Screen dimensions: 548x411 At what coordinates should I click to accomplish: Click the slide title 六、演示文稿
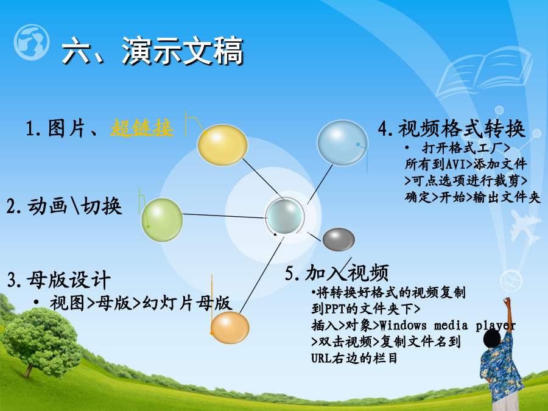pos(152,51)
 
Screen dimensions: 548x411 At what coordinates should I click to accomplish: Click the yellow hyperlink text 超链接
pos(142,128)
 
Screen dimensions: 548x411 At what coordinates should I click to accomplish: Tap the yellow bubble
pos(223,145)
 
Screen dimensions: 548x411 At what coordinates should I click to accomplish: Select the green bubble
pos(162,220)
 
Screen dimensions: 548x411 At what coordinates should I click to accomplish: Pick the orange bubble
pos(230,328)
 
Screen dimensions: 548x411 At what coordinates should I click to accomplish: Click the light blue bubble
pos(342,142)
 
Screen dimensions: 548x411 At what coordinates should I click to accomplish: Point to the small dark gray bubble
pos(339,239)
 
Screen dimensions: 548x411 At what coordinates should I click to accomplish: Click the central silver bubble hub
pos(284,216)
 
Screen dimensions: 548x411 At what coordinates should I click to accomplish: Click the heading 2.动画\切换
pos(65,206)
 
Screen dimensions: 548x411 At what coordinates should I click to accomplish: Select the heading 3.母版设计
pos(58,280)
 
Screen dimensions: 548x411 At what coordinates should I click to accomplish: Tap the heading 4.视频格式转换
pos(452,128)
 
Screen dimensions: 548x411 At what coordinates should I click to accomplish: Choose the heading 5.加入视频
pos(337,273)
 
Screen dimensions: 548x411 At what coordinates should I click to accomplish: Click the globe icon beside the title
pos(32,42)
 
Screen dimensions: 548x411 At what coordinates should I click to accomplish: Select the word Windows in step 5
pos(403,325)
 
